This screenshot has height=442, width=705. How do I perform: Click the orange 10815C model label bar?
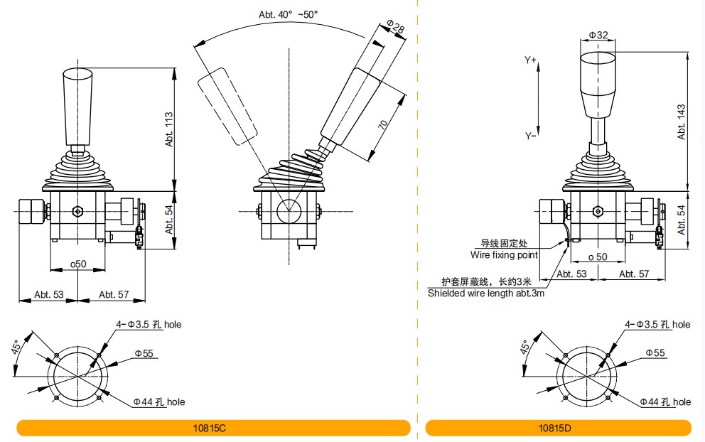[213, 428]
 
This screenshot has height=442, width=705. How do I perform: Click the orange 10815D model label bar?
[558, 428]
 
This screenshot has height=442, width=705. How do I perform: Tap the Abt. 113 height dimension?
[168, 128]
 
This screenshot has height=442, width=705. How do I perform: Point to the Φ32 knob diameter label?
[598, 35]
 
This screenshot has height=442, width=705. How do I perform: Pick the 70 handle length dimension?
[383, 124]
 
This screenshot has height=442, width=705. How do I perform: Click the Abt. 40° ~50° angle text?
[289, 13]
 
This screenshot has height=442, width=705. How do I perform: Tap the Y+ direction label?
[531, 61]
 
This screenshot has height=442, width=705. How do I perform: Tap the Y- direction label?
[531, 136]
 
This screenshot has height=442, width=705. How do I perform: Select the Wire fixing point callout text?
[504, 254]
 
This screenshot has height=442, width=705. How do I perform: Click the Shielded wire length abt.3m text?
[485, 293]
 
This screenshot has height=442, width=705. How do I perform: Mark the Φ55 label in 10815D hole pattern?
[655, 352]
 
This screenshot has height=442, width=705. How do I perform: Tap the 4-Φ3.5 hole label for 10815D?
[657, 325]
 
